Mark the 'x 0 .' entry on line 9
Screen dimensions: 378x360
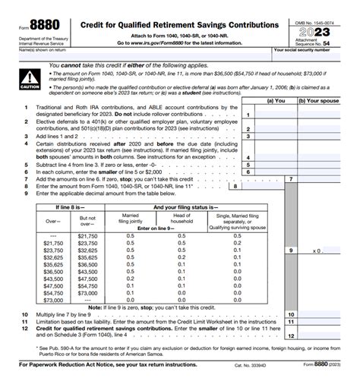(x=318, y=249)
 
